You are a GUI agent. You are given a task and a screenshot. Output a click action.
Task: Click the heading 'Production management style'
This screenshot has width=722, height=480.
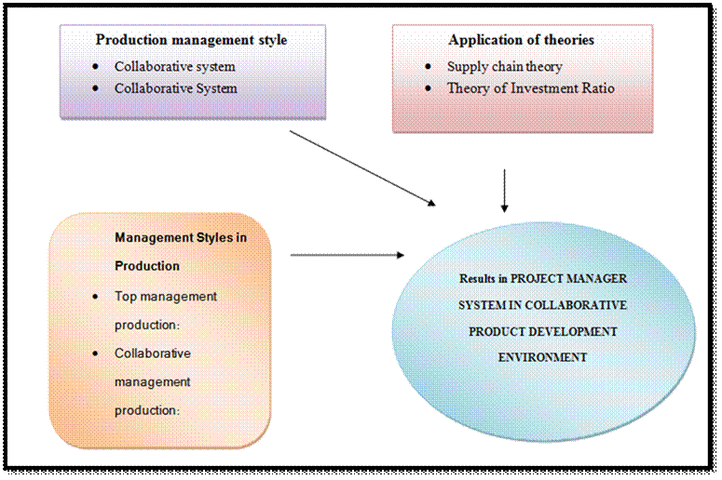(191, 40)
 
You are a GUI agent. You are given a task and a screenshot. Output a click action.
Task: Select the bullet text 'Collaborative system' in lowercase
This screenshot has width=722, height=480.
(175, 66)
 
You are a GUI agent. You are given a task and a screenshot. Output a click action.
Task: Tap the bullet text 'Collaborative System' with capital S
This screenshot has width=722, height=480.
(176, 88)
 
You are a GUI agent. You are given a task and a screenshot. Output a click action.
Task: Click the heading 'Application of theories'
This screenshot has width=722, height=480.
(521, 40)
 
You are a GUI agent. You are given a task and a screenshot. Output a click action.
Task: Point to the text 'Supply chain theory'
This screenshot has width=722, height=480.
(504, 66)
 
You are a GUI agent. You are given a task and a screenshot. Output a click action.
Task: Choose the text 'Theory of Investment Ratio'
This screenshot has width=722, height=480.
(530, 88)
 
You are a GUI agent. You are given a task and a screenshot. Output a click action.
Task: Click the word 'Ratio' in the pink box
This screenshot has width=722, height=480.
(597, 88)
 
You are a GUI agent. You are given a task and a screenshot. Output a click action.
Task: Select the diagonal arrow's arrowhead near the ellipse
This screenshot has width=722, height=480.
(429, 202)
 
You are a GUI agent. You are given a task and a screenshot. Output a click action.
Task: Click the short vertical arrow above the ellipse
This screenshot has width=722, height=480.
(504, 191)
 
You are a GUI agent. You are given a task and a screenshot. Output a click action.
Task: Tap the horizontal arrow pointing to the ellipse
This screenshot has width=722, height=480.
(347, 255)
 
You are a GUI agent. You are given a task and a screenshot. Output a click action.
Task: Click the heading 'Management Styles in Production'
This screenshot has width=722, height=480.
(181, 237)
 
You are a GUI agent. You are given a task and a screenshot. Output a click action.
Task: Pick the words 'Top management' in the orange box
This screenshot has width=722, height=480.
(166, 296)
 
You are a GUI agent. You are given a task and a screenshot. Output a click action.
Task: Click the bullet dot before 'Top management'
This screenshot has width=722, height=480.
(98, 297)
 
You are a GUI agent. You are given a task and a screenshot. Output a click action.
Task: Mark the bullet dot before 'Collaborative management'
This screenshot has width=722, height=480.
(98, 353)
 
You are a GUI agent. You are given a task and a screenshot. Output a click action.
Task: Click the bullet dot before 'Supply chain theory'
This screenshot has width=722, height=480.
(428, 67)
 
